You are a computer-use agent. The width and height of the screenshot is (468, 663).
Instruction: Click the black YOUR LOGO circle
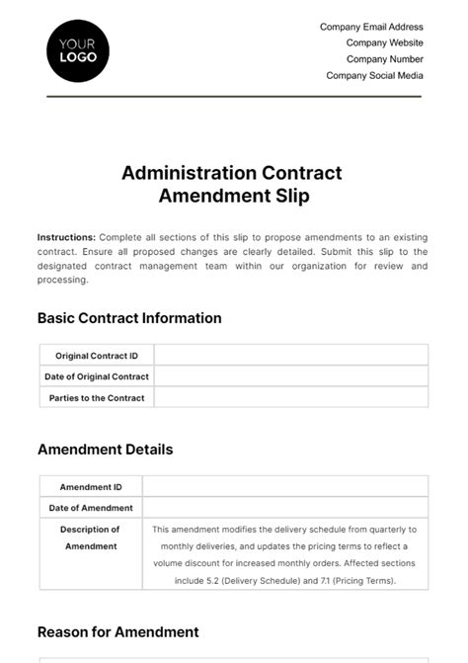click(x=78, y=50)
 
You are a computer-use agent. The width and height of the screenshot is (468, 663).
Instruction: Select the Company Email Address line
click(x=371, y=28)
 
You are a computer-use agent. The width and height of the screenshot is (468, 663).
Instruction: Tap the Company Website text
click(x=384, y=43)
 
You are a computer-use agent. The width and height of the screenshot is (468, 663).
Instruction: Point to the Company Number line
click(x=384, y=59)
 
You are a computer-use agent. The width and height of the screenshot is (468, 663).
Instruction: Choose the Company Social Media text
click(x=374, y=75)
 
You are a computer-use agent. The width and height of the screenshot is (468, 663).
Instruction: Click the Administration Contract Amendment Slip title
click(x=233, y=184)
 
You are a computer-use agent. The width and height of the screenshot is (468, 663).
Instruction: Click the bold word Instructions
click(x=66, y=237)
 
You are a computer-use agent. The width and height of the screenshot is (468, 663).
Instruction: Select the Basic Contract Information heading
click(x=129, y=318)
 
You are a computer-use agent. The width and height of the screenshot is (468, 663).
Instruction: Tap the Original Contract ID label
click(x=97, y=356)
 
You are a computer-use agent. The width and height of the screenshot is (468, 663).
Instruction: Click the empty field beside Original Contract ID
click(x=291, y=356)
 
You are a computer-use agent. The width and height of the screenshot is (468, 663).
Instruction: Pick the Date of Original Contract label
click(x=97, y=376)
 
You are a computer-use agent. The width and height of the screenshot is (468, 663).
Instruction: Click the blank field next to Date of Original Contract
click(x=291, y=376)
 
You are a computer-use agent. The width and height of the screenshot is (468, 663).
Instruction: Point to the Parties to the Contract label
click(x=97, y=398)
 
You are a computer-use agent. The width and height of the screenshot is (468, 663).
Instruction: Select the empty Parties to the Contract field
click(x=291, y=398)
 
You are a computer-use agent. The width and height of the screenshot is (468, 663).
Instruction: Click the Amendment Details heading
click(x=105, y=450)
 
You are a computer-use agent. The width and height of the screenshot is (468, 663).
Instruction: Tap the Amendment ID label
click(x=91, y=487)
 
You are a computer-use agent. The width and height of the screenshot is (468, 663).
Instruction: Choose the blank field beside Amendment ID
click(x=285, y=487)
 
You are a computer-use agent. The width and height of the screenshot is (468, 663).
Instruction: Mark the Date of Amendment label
click(x=91, y=508)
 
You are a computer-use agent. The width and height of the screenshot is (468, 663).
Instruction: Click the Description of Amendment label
click(x=91, y=538)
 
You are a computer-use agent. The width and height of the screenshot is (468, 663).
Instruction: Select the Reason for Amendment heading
click(x=117, y=631)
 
